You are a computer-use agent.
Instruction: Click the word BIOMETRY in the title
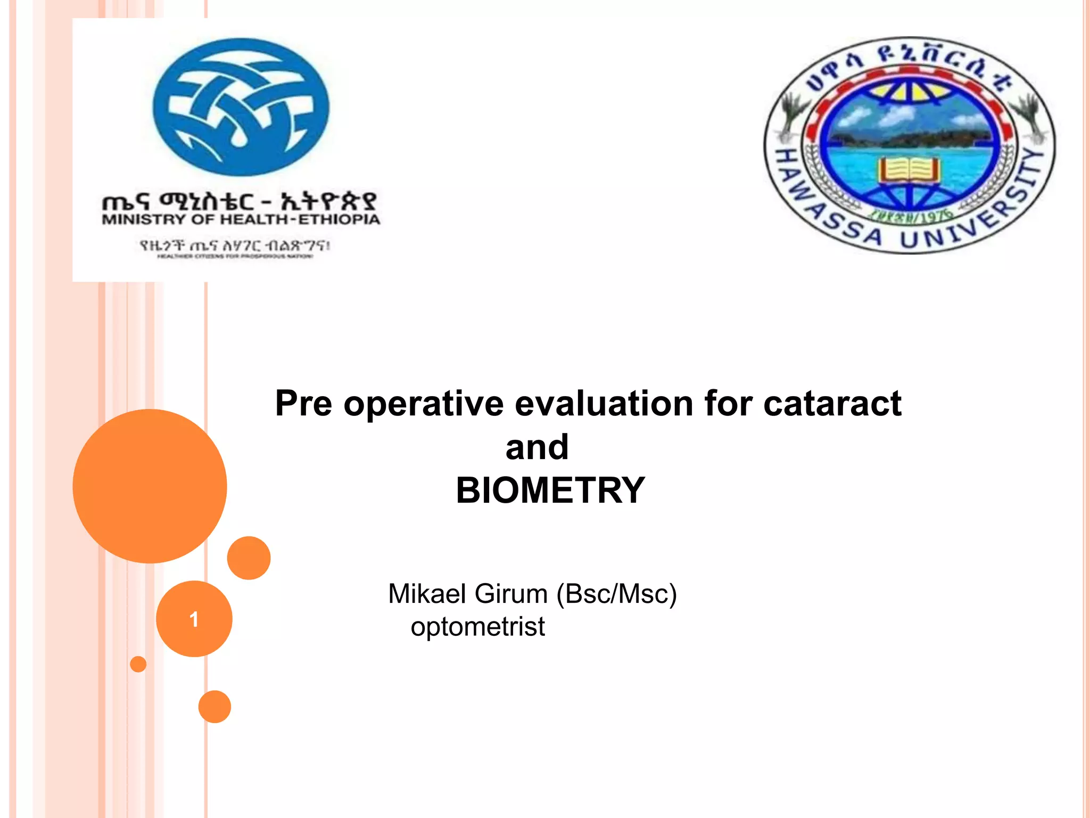[x=550, y=490]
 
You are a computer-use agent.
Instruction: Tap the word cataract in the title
[x=832, y=403]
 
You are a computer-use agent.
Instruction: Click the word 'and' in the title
[x=537, y=447]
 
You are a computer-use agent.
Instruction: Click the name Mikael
[x=428, y=594]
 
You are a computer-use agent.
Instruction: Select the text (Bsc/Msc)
[x=616, y=594]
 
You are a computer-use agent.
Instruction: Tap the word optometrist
[x=477, y=627]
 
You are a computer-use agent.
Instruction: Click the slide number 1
[x=194, y=619]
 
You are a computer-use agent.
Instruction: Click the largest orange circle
[x=150, y=486]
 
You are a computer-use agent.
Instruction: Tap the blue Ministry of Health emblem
[x=241, y=107]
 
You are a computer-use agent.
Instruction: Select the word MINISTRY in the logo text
[x=143, y=219]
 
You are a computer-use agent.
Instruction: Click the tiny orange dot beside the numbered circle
[x=138, y=664]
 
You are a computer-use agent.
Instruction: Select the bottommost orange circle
[x=214, y=707]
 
